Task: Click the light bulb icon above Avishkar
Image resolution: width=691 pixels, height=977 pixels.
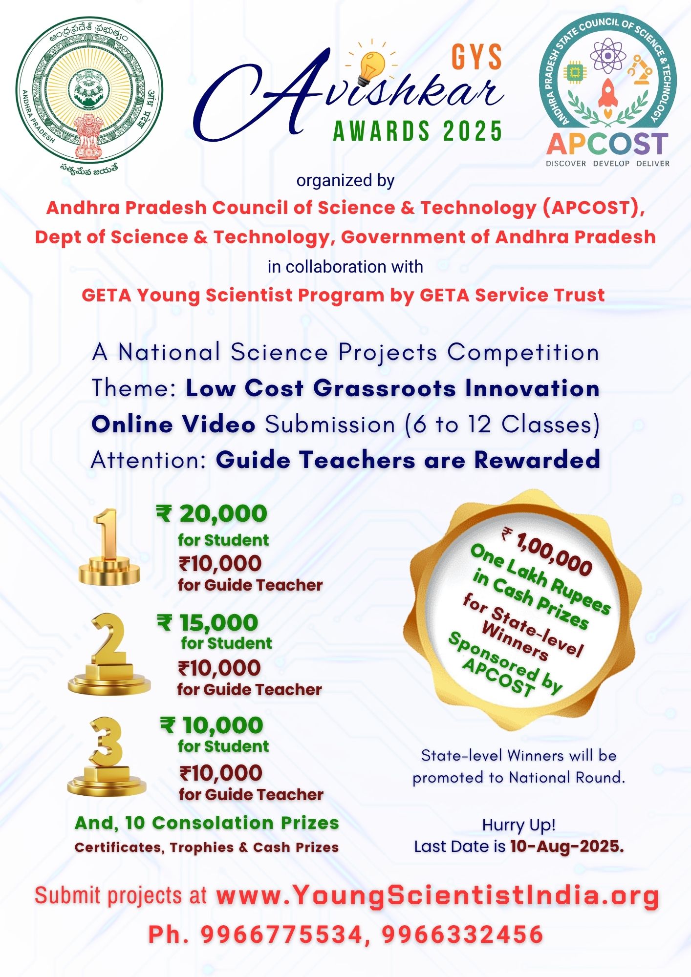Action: coord(372,66)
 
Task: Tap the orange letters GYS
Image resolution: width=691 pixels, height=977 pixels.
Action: coord(476,57)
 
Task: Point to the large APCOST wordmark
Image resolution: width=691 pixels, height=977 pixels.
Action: coord(607,144)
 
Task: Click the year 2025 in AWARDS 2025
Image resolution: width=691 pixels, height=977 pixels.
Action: coord(473,131)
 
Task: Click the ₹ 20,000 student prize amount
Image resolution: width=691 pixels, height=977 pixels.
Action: coord(212,514)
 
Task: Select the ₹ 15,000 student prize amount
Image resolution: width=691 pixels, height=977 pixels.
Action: coord(208,623)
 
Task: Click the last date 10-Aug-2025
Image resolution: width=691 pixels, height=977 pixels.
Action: coord(567,846)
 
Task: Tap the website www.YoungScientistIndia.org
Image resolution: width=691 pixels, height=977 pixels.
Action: coord(437,895)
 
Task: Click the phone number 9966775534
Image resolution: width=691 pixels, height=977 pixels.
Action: coord(281,935)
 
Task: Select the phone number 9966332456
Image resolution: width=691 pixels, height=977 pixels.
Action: coord(462,935)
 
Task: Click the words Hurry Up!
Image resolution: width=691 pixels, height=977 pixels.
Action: coord(518,825)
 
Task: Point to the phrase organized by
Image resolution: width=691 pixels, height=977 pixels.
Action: coord(345,180)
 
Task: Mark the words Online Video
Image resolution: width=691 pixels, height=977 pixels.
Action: coord(173,424)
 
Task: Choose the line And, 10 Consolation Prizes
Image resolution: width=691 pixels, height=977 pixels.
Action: coord(207,823)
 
